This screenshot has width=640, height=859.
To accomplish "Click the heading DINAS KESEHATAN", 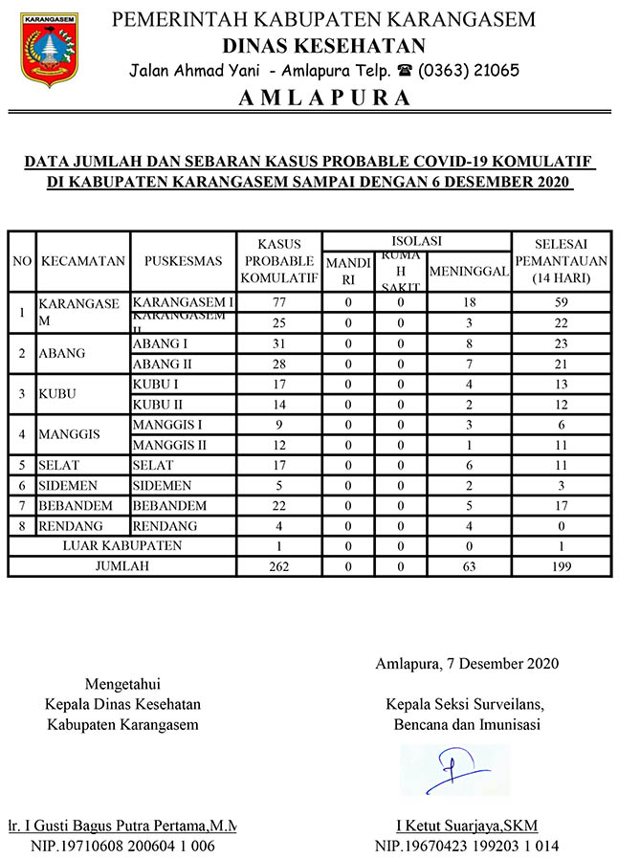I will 323,46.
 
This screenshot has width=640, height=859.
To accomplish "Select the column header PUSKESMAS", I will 183,260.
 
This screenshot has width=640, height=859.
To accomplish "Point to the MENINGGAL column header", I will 469,272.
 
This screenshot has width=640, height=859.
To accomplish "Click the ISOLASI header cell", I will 417,240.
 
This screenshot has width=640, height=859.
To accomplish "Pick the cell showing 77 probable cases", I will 280,302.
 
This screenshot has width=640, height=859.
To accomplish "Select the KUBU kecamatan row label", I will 57,394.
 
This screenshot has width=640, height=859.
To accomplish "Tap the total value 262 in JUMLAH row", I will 280,566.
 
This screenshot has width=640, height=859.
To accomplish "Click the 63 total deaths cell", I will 469,566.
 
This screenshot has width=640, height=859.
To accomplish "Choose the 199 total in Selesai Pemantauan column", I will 562,566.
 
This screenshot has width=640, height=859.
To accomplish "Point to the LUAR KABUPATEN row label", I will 121,545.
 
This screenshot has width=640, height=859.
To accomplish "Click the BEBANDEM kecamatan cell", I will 71,505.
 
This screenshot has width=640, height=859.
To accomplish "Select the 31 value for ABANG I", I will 280,343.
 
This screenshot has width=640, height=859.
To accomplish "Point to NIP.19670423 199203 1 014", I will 467,846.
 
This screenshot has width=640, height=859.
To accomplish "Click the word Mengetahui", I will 122,684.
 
